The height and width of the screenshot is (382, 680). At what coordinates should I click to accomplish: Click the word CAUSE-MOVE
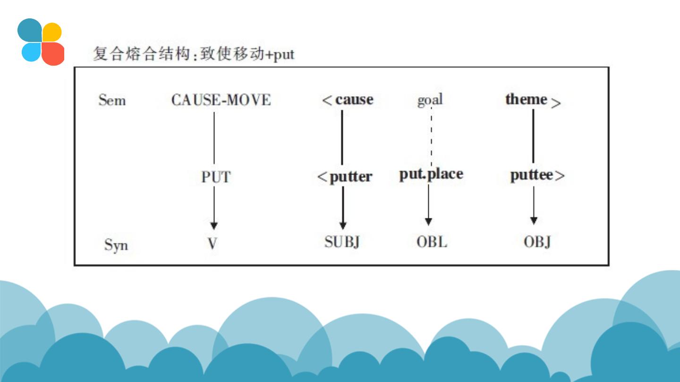pos(221,100)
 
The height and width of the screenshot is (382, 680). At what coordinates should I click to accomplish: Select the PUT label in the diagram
pos(216,177)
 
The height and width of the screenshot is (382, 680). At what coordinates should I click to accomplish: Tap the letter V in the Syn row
pos(212,243)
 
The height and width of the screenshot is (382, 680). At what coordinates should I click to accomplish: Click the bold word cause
pos(354,100)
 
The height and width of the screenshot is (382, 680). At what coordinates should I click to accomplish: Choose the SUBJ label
pos(342,242)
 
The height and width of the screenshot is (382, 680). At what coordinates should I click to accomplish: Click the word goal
pos(430,100)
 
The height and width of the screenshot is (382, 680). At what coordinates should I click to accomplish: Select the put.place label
pos(431,174)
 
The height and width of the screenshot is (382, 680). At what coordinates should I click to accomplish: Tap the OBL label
pos(431,242)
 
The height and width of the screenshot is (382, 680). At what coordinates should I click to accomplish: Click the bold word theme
pos(526,99)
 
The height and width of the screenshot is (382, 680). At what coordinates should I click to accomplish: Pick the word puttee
pos(532,175)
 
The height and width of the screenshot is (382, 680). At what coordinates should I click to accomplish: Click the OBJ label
pos(537,242)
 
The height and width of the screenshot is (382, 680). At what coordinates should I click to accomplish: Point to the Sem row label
pos(112,100)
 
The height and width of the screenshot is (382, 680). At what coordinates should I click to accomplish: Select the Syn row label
pos(116,245)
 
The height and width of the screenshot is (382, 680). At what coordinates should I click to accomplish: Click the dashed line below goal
pos(431,137)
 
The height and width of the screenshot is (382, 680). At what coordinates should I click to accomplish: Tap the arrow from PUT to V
pos(214,208)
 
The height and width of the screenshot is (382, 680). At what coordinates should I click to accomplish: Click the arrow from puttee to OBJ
pos(534,205)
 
